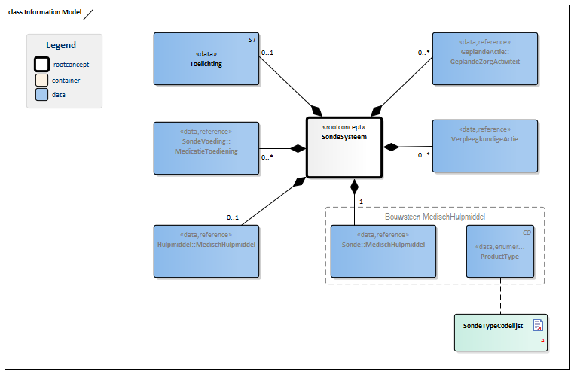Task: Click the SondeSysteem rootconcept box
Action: (x=344, y=147)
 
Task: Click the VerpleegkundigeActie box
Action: (x=484, y=145)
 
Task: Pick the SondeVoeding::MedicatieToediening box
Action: (x=206, y=147)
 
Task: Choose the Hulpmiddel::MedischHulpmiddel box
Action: (x=206, y=251)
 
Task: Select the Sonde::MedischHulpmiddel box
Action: (x=383, y=251)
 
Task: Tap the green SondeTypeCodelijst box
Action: (x=500, y=332)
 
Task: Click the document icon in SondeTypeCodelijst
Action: (x=538, y=325)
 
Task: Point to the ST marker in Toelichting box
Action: (x=252, y=38)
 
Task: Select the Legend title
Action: (x=61, y=45)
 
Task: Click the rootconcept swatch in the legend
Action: (x=41, y=65)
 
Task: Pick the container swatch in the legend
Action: (x=41, y=80)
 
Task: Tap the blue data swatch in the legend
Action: (x=41, y=95)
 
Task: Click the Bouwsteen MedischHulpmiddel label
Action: (x=435, y=216)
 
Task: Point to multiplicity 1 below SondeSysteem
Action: (x=362, y=202)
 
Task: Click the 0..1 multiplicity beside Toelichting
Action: (x=267, y=53)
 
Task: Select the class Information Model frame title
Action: (x=44, y=12)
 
